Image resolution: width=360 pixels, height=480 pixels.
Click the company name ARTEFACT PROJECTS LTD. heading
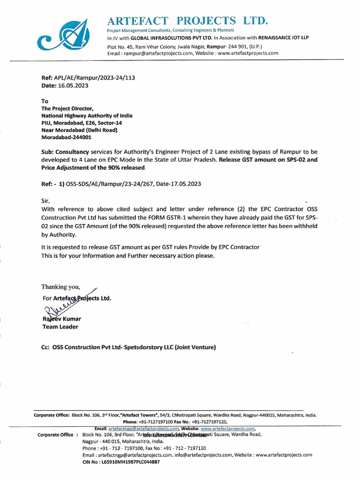pyautogui.click(x=187, y=21)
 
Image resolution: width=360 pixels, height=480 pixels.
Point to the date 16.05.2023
pyautogui.click(x=73, y=86)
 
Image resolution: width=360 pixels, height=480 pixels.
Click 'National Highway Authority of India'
pyautogui.click(x=87, y=116)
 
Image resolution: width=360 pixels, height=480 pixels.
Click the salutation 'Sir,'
pyautogui.click(x=46, y=200)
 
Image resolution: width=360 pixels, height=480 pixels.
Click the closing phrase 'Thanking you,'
pyautogui.click(x=61, y=287)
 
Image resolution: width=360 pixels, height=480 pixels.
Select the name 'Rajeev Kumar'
pyautogui.click(x=61, y=319)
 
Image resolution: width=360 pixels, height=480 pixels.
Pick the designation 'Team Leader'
pyautogui.click(x=60, y=327)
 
